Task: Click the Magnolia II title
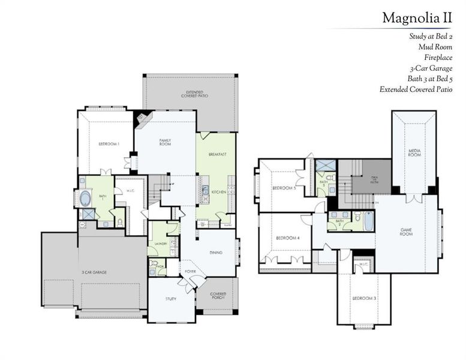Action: pyautogui.click(x=417, y=18)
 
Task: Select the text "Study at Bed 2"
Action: pyautogui.click(x=431, y=36)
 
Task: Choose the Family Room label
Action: pyautogui.click(x=165, y=143)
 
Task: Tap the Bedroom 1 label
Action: pyautogui.click(x=109, y=144)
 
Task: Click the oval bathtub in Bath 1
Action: pyautogui.click(x=86, y=197)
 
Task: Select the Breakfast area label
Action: pyautogui.click(x=217, y=154)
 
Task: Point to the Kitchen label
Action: pyautogui.click(x=218, y=192)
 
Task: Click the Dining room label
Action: pyautogui.click(x=216, y=253)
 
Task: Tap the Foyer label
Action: pyautogui.click(x=191, y=271)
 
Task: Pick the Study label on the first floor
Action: pyautogui.click(x=171, y=298)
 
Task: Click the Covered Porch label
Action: pyautogui.click(x=218, y=296)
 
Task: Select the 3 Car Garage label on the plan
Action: pyautogui.click(x=94, y=272)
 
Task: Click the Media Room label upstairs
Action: pyautogui.click(x=414, y=153)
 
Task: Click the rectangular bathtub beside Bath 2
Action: pyautogui.click(x=368, y=221)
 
